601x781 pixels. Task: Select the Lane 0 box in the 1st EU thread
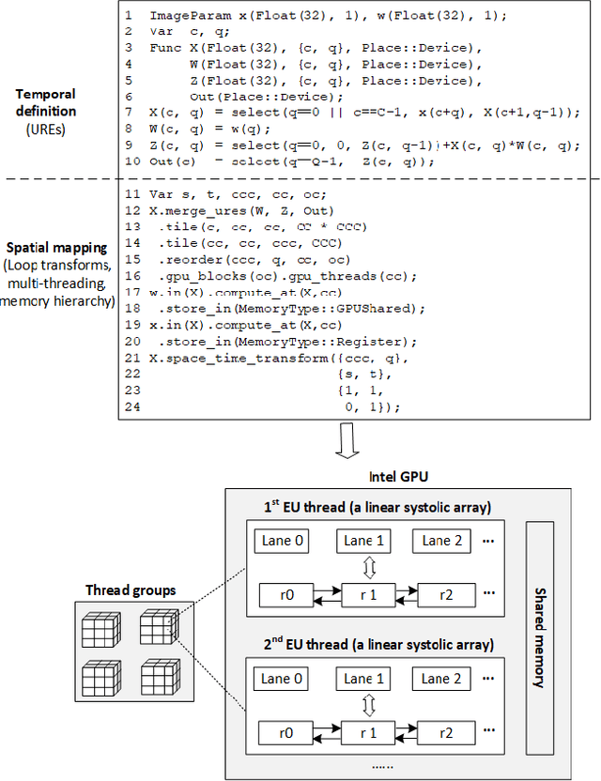coord(282,541)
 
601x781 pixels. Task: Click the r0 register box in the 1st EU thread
coord(282,594)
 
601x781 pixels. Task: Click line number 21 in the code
coord(132,359)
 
